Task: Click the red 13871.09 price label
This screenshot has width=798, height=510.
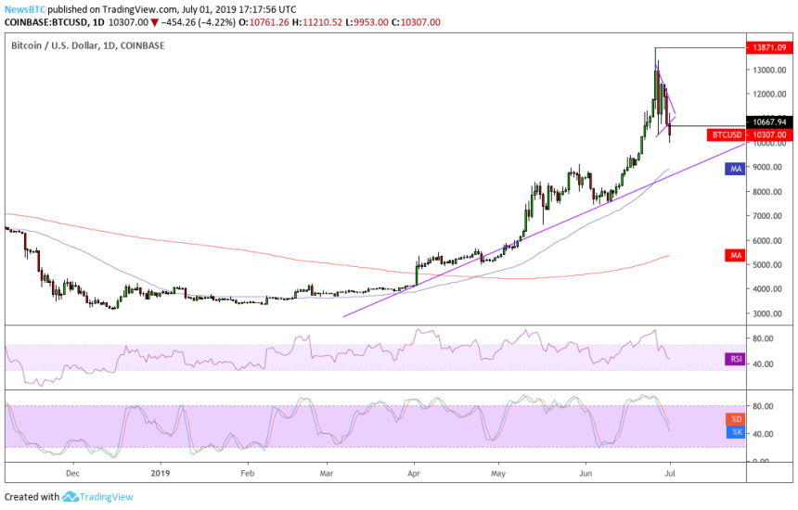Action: coord(769,46)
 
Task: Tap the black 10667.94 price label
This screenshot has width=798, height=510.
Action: coord(769,121)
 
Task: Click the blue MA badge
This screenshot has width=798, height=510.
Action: coord(734,169)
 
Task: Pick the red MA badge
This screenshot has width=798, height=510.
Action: coord(734,254)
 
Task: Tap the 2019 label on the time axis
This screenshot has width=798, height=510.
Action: coord(161,472)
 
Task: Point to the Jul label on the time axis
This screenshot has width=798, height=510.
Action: coord(669,472)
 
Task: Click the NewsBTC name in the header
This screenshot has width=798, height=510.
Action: coord(21,9)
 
